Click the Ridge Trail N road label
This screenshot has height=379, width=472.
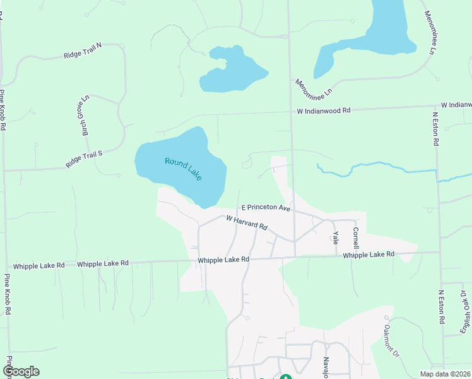[91, 51]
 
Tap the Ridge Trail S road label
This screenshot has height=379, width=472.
[83, 159]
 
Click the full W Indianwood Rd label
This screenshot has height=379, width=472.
[324, 110]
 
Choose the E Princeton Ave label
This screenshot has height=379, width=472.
[266, 208]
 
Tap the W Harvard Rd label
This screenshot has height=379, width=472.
[247, 222]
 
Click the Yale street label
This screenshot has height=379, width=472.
[336, 238]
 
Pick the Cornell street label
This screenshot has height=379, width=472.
[356, 238]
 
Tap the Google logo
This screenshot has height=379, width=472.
[21, 371]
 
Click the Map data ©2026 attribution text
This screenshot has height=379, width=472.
[445, 373]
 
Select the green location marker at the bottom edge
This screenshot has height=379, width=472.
[285, 377]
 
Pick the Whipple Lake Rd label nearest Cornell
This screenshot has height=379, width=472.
[369, 254]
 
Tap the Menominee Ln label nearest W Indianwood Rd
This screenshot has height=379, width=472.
[314, 88]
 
